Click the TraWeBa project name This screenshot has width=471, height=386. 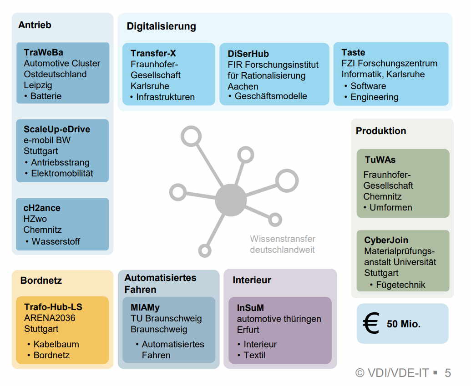pyautogui.click(x=44, y=53)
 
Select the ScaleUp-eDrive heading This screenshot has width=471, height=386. pyautogui.click(x=57, y=129)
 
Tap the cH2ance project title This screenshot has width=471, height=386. pyautogui.click(x=42, y=208)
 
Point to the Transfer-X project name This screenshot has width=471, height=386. pyautogui.click(x=153, y=53)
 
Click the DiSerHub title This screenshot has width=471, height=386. pyautogui.click(x=248, y=54)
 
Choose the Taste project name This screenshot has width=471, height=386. pyautogui.click(x=353, y=52)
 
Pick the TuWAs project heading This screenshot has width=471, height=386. pyautogui.click(x=380, y=160)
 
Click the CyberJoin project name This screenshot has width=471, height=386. pyautogui.click(x=386, y=240)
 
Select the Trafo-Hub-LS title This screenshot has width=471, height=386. pyautogui.click(x=53, y=307)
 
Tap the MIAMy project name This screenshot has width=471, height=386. pyautogui.click(x=145, y=308)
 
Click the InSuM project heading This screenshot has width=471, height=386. pyautogui.click(x=250, y=308)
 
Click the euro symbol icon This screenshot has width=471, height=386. pyautogui.click(x=371, y=324)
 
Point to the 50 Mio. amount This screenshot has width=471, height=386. pyautogui.click(x=404, y=325)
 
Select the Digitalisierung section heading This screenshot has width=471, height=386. pyautogui.click(x=161, y=26)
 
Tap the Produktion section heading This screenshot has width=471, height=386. pyautogui.click(x=381, y=131)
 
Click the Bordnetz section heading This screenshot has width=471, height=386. pyautogui.click(x=41, y=281)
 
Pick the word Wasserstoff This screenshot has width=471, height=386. pyautogui.click(x=56, y=241)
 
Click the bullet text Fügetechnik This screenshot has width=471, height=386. pyautogui.click(x=400, y=285)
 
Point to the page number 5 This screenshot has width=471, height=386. pyautogui.click(x=448, y=373)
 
